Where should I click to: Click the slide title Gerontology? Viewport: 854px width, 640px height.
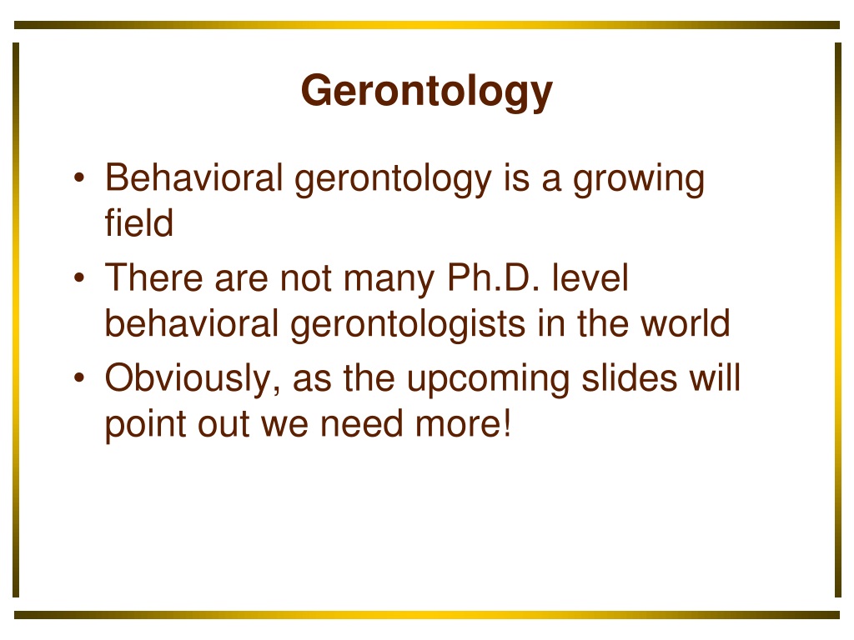pos(427,92)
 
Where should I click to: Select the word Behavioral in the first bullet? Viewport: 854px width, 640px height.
pos(193,178)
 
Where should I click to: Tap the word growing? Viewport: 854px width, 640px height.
pos(638,181)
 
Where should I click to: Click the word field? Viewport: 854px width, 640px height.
pos(139,222)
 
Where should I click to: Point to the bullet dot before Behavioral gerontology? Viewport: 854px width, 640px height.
pos(79,178)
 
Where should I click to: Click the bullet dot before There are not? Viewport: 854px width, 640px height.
pos(79,277)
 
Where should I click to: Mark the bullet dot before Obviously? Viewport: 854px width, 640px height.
pos(79,377)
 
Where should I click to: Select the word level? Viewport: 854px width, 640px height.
pos(590,277)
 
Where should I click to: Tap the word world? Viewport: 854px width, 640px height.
pos(685,322)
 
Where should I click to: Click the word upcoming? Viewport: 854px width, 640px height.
pos(489,380)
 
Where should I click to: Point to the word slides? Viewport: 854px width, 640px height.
pos(630,377)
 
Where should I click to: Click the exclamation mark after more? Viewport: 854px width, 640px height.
pos(508,422)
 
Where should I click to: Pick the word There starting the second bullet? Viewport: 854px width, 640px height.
pos(153,277)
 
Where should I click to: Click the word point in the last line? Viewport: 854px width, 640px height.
pos(145,426)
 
